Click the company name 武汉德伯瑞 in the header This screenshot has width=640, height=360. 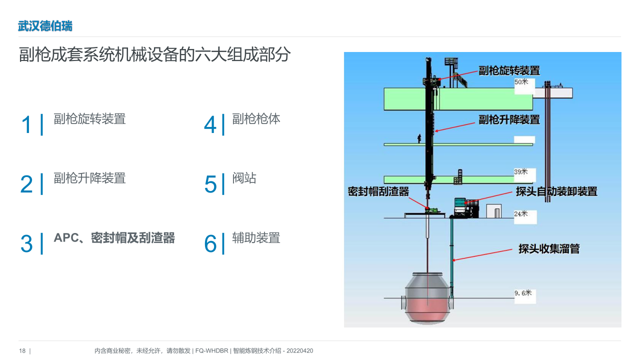click(45, 26)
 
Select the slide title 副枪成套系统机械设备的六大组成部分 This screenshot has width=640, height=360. click(154, 54)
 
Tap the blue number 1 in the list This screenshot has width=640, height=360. click(26, 124)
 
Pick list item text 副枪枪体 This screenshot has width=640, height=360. click(256, 119)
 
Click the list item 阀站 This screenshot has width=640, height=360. click(244, 178)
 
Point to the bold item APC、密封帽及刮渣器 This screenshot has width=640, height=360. click(114, 237)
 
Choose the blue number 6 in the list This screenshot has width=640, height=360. click(210, 243)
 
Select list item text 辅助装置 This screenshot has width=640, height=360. click(256, 237)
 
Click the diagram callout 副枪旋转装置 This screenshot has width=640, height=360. click(509, 70)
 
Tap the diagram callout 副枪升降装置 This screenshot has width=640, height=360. click(509, 119)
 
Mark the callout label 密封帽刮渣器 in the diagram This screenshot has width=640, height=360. click(378, 191)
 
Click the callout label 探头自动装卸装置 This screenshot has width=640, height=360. click(556, 191)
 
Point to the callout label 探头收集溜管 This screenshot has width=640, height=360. click(549, 249)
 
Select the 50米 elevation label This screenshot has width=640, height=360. click(521, 82)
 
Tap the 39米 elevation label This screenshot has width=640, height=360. click(520, 171)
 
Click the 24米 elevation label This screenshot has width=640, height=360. click(520, 213)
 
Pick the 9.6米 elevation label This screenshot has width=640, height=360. click(523, 293)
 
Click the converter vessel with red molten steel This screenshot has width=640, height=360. click(427, 298)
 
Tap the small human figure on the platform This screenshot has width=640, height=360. click(419, 138)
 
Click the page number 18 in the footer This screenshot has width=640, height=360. click(22, 351)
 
